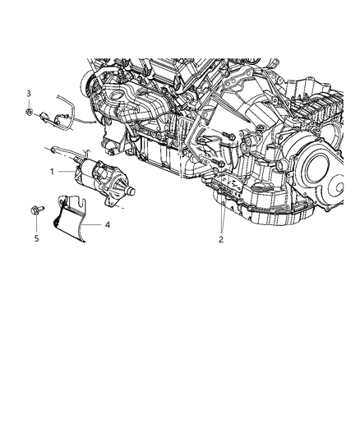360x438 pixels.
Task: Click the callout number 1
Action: [51, 171]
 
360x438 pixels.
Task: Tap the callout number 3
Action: [28, 93]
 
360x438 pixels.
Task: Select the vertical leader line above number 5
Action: [35, 225]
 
